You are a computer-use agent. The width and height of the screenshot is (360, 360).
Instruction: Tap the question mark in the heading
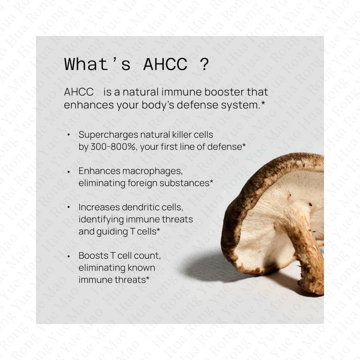coord(203,64)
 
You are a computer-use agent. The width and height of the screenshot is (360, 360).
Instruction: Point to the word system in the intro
coord(240,105)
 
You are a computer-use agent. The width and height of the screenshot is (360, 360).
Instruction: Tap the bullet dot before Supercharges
coord(68,135)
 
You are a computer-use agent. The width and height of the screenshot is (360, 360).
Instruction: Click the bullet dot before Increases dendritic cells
coord(68,207)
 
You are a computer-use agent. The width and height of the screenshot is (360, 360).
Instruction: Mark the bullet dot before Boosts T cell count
coord(68,256)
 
